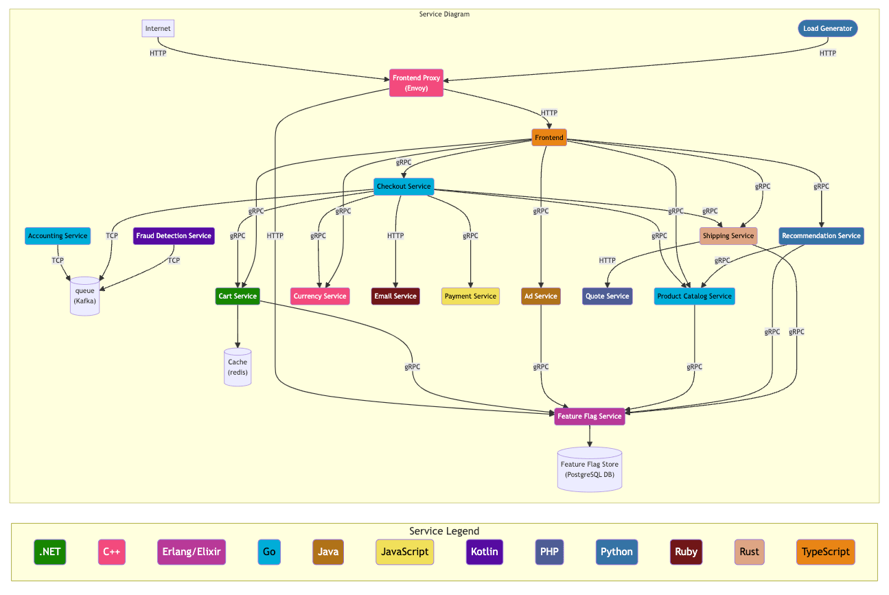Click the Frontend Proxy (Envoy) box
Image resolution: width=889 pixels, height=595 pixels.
point(416,83)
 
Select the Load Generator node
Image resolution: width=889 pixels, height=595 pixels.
point(827,29)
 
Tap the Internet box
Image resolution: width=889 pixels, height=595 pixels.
point(158,29)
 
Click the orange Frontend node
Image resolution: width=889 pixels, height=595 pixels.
point(549,138)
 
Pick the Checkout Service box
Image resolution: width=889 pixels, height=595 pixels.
point(404,187)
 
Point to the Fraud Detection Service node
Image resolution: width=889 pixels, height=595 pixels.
point(174,236)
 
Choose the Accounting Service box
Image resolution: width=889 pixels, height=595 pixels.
point(58,236)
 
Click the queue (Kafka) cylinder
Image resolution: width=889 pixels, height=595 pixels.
point(85,296)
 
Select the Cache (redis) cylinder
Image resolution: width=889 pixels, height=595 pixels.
point(238,367)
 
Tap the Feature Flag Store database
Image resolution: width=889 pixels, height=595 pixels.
point(590,469)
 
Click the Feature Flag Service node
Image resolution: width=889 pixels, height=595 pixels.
point(590,417)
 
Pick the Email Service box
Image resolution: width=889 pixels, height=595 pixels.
point(395,296)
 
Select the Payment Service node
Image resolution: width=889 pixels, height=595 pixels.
point(470,296)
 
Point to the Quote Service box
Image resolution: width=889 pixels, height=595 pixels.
point(608,296)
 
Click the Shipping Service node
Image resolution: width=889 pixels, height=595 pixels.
point(728,236)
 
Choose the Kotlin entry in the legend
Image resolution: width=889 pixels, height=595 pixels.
point(485,552)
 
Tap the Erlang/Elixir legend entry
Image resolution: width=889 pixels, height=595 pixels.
point(192,552)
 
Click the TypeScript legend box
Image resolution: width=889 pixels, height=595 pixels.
point(826,552)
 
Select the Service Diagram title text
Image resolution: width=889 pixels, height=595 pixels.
point(444,14)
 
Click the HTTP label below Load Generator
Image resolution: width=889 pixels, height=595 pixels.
point(828,54)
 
